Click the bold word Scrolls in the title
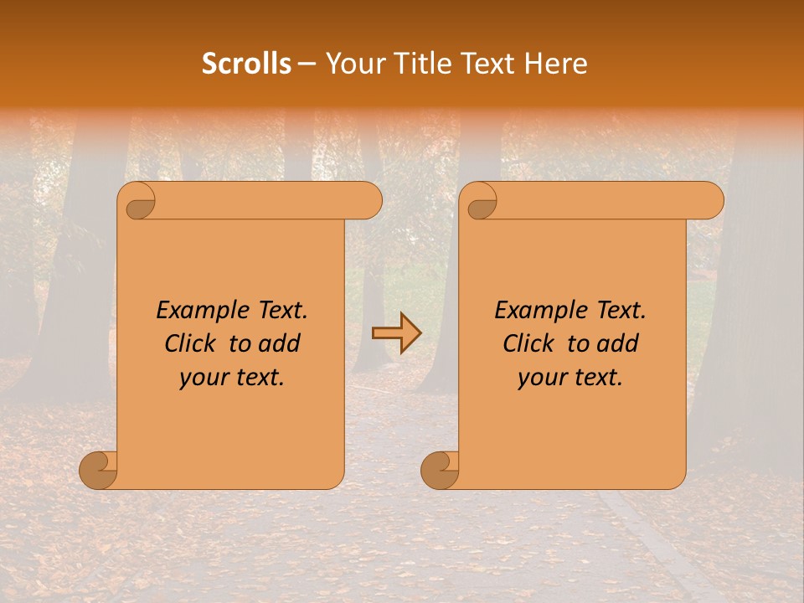pyautogui.click(x=246, y=64)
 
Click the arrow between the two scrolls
pyautogui.click(x=396, y=333)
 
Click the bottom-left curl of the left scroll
pyautogui.click(x=99, y=470)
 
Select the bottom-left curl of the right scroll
pyautogui.click(x=441, y=470)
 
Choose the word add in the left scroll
pyautogui.click(x=281, y=344)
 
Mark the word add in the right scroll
pyautogui.click(x=619, y=344)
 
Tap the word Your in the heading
pyautogui.click(x=351, y=64)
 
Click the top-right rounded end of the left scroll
pyautogui.click(x=368, y=201)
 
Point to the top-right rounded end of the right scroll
pyautogui.click(x=710, y=201)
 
